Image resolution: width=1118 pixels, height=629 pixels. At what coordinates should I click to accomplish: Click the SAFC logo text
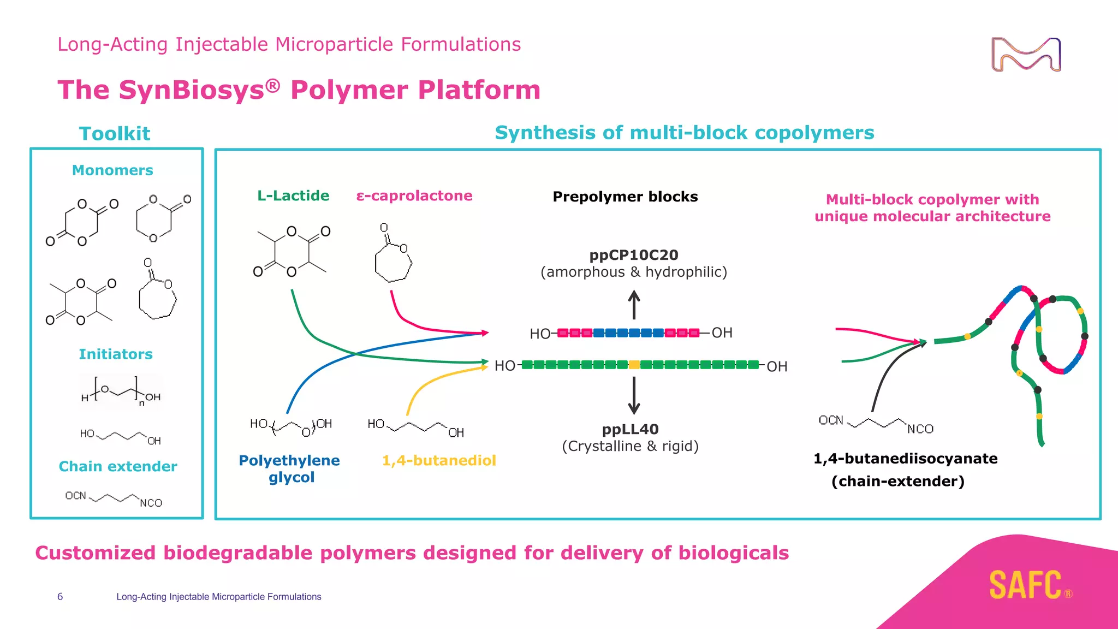pos(1026,585)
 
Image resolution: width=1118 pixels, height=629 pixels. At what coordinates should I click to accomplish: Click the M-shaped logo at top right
pos(1026,55)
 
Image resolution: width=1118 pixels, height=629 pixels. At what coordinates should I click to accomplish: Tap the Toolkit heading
pos(115,134)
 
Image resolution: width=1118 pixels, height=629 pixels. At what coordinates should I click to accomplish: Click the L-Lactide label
pos(293,195)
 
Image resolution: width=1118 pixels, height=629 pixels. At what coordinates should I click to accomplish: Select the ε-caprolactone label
pos(414,195)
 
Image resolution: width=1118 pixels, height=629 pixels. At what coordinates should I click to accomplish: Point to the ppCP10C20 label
pos(634,255)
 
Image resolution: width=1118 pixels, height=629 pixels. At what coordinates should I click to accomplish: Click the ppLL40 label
pos(630,429)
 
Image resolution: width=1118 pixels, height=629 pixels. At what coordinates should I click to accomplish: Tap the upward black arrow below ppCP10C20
pos(634,305)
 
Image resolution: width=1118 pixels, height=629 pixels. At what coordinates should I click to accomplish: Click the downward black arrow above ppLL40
pos(634,396)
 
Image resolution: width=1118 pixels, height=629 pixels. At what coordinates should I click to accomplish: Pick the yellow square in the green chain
pos(634,365)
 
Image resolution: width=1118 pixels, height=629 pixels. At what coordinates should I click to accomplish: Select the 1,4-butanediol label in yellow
pos(439,460)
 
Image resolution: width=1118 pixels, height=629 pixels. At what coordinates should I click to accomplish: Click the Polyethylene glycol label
pos(289,468)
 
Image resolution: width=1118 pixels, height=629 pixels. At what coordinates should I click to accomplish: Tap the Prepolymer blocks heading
pos(625,197)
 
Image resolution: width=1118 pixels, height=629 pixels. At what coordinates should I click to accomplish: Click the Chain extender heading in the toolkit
pos(118,466)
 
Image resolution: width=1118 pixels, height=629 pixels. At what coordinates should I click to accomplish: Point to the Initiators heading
pos(116,354)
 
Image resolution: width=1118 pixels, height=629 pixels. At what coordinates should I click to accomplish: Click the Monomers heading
pos(112,170)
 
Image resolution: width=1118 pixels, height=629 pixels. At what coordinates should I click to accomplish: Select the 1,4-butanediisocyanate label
pos(905,459)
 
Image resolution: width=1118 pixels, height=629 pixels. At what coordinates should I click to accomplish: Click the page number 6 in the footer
pos(60,597)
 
